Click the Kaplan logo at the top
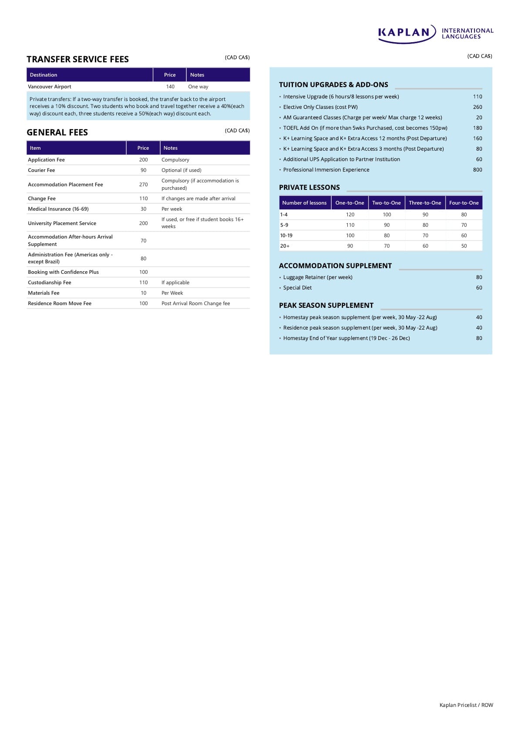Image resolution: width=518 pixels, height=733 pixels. (435, 34)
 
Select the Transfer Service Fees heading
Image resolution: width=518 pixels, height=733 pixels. (77, 59)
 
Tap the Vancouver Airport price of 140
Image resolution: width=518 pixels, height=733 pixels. (170, 87)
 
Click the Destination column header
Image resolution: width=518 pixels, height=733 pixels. (44, 75)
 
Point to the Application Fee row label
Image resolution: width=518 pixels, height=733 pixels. (46, 160)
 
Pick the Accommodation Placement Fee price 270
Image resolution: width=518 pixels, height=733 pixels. (143, 185)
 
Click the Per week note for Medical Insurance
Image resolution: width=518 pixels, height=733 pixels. (172, 209)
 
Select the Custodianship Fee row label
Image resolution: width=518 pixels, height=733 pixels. (50, 282)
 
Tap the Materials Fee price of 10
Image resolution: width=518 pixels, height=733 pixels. (143, 293)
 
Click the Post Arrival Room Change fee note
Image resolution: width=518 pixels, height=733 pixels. (195, 303)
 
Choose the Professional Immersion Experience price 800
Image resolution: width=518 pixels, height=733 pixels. (478, 170)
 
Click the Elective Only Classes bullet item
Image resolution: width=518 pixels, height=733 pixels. (320, 107)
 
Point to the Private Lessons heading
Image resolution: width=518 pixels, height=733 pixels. (309, 188)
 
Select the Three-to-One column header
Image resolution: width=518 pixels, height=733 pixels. (425, 203)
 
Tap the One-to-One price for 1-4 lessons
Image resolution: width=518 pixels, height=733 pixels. (350, 215)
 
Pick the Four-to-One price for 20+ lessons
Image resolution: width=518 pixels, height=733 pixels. (464, 246)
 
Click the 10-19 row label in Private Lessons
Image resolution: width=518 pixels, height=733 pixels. (286, 235)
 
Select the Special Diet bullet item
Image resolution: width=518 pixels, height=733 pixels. (297, 288)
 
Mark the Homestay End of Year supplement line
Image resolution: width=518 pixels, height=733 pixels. (346, 338)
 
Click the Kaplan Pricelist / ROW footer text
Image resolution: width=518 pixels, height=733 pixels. (466, 705)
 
